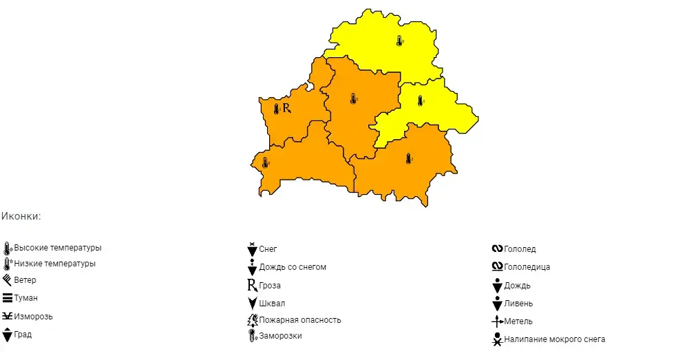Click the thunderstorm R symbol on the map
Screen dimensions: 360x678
coord(287,108)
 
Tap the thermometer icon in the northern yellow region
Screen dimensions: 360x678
coord(399,41)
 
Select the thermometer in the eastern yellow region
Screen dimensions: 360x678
coord(420,100)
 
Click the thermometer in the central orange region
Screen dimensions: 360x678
coord(353,98)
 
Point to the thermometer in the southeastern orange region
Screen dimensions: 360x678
coord(408,159)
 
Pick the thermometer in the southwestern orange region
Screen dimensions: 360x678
coord(265,162)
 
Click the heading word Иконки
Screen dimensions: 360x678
coord(21,216)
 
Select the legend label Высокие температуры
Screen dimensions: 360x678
coord(58,248)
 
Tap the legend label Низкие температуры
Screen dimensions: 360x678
coord(55,264)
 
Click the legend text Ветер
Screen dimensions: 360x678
coord(25,281)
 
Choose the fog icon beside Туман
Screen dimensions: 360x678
coord(8,298)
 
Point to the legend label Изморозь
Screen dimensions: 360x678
coord(34,317)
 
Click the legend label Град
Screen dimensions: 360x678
coord(23,335)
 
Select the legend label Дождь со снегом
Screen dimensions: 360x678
coord(293,267)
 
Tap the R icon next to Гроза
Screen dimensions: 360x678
coord(252,286)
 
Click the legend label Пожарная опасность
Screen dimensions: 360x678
coord(300,320)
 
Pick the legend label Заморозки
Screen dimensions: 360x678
coord(281,336)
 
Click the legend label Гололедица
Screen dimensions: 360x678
coord(527,267)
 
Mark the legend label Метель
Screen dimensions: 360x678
coord(518,321)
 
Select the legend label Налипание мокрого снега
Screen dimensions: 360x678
coord(555,339)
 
